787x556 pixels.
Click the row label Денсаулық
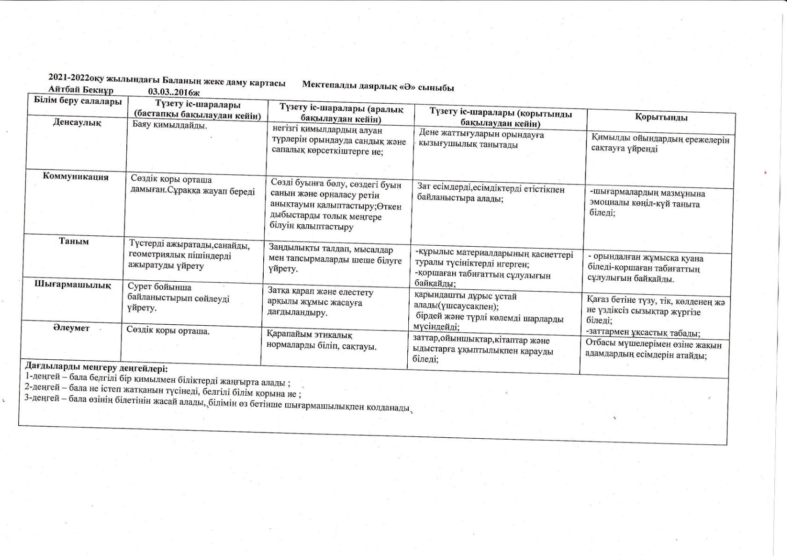[77, 123]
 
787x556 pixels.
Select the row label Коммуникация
[75, 177]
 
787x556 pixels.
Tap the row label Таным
[73, 242]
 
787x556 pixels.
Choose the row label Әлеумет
[71, 328]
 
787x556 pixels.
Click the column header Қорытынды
[661, 118]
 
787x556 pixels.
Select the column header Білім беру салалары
[78, 101]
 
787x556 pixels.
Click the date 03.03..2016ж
[173, 92]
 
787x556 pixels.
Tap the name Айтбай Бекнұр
[80, 89]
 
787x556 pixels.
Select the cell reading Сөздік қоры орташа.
[168, 331]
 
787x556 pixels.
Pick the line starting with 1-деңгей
[157, 379]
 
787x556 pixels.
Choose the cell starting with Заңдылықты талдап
[335, 259]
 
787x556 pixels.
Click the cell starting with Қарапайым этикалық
[321, 341]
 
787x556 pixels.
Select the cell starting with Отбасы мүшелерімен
[653, 350]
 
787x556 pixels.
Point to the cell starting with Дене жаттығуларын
[481, 139]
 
